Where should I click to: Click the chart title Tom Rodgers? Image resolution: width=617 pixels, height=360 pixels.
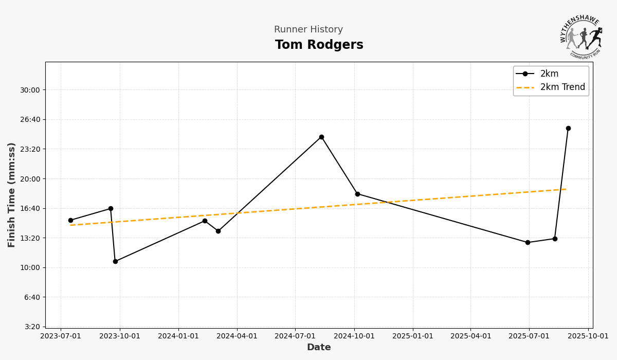tap(319, 45)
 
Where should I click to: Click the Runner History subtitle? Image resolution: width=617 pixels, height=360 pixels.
tap(308, 30)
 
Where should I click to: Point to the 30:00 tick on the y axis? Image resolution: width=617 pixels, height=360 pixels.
tap(29, 90)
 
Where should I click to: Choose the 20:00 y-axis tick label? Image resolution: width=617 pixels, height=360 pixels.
tap(29, 179)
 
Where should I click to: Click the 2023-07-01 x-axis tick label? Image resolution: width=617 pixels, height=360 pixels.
tap(61, 336)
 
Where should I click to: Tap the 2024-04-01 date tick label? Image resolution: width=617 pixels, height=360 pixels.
tap(237, 336)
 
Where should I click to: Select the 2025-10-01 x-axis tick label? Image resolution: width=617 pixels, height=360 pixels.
tap(588, 336)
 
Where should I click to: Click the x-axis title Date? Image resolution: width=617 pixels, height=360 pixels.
tap(319, 348)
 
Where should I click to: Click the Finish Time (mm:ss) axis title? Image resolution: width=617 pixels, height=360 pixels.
tap(12, 195)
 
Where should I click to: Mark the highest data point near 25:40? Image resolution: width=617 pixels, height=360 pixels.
tap(568, 129)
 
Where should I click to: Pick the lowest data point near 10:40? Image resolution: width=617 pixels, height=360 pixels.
tap(115, 261)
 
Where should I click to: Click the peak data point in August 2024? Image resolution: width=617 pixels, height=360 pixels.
tap(321, 137)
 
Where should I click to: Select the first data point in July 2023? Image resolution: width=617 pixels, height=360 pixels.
tap(70, 221)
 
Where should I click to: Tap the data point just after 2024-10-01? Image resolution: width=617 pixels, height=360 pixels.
tap(357, 194)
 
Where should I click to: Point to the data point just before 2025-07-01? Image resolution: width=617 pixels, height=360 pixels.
tap(528, 243)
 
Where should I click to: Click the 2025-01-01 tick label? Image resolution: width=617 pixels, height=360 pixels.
tap(413, 336)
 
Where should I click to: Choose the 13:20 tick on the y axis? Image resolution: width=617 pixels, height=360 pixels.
tap(29, 238)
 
